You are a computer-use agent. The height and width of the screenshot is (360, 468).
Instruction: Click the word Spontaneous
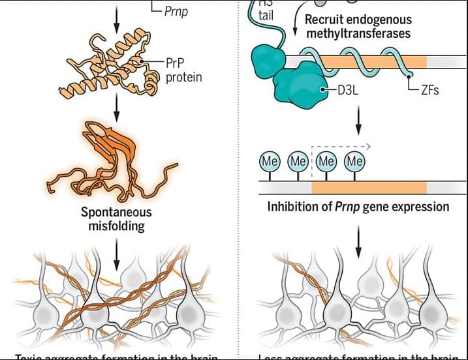[x=116, y=213]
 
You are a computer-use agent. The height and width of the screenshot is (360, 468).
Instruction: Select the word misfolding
[x=116, y=226]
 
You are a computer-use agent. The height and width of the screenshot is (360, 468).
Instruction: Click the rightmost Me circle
[x=354, y=160]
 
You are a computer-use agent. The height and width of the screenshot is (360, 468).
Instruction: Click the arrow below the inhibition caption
[x=358, y=243]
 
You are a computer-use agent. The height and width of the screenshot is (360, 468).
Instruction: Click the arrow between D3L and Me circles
[x=358, y=119]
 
